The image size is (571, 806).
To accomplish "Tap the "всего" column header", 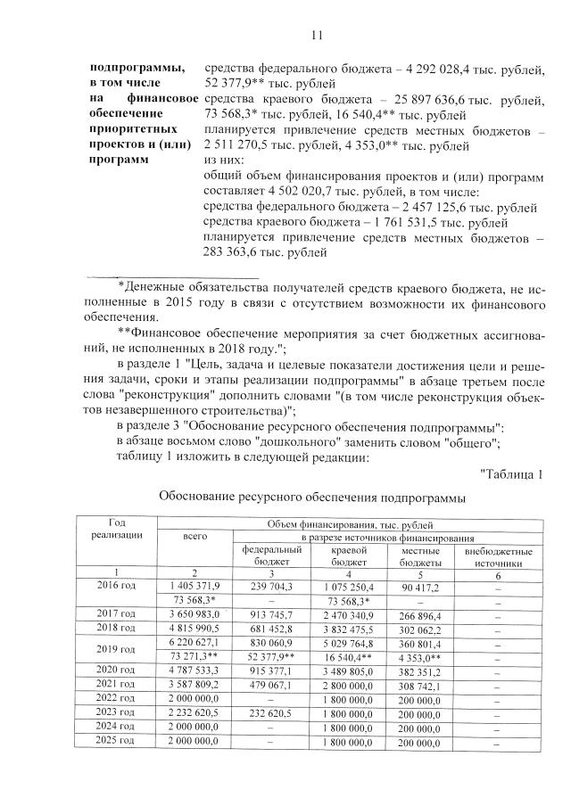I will (x=194, y=536).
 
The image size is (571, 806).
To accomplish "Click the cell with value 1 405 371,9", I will (x=194, y=585).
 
